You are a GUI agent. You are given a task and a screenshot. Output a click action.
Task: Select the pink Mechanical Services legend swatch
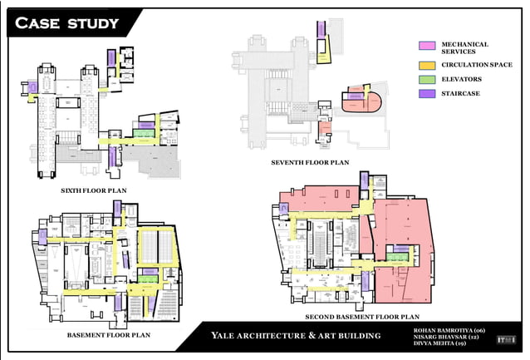coord(427,46)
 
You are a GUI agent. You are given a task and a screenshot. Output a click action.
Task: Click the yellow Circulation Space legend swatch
coord(427,64)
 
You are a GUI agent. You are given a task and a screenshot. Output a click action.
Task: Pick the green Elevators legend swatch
coord(427,79)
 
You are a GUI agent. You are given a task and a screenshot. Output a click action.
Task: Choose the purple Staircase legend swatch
coord(427,94)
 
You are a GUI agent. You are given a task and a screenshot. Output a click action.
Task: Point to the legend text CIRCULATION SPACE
coord(476,64)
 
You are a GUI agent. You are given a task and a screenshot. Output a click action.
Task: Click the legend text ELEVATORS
coord(462,79)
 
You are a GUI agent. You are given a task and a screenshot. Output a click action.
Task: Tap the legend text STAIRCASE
coord(461,94)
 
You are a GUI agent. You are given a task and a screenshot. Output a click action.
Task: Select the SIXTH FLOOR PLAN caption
coord(94,190)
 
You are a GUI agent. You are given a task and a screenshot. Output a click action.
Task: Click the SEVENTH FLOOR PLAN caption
coord(309,163)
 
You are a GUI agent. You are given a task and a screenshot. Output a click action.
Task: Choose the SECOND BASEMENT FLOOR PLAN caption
coord(361,317)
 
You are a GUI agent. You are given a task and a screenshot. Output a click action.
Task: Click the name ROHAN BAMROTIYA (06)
coord(448,330)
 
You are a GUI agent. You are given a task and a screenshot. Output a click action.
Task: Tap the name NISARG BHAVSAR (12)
coord(445,337)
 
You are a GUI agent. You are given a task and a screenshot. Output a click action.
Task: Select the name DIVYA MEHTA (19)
coord(439,343)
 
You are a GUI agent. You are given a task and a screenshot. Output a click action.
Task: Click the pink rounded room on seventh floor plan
coord(361,101)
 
